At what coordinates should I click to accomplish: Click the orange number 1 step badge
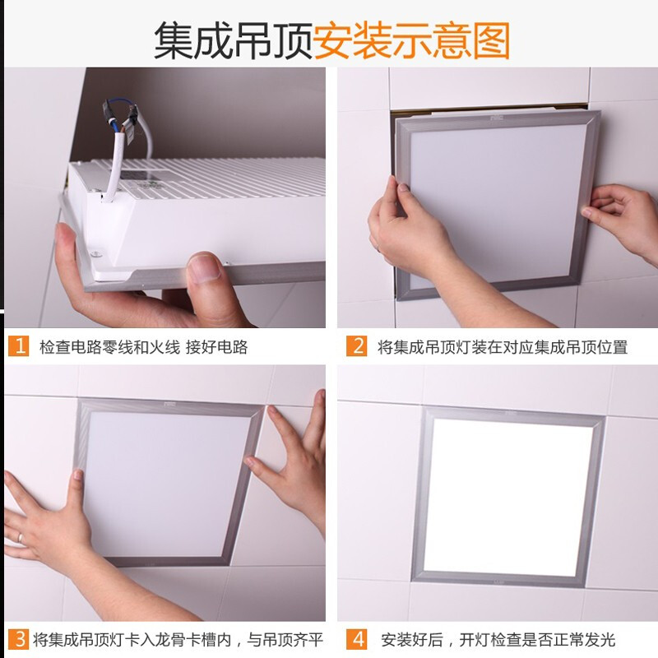click(18, 346)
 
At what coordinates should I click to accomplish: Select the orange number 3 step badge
click(18, 639)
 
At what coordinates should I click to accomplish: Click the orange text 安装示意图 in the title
click(411, 39)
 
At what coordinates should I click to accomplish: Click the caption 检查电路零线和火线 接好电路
click(143, 347)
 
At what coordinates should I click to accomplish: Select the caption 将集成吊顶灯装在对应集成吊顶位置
click(502, 347)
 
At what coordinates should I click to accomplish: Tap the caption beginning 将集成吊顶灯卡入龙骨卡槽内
click(178, 640)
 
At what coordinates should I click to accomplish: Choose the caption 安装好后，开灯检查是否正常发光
click(498, 640)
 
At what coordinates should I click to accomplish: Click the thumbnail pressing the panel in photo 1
click(206, 270)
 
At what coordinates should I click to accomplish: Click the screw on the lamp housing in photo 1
click(97, 254)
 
